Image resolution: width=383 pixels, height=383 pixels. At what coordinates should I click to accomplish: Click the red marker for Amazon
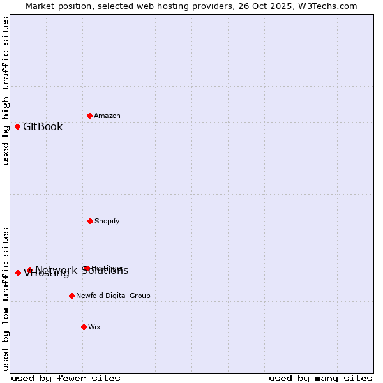click(x=89, y=116)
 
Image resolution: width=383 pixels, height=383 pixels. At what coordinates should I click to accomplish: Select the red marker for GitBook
click(x=17, y=126)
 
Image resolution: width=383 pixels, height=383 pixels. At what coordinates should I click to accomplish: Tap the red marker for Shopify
click(x=90, y=221)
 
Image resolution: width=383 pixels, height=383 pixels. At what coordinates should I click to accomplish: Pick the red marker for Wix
click(x=84, y=327)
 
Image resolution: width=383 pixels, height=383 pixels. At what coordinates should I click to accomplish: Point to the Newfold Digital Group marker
click(x=71, y=296)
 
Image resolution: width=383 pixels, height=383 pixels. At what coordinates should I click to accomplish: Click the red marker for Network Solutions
click(x=29, y=270)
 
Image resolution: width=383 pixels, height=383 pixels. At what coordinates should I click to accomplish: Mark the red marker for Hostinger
click(x=87, y=268)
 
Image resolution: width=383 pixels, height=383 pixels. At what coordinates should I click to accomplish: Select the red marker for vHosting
click(x=18, y=273)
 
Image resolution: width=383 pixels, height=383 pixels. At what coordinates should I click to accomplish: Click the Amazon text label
click(x=107, y=116)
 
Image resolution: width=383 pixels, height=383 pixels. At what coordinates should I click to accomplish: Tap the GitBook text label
click(x=43, y=126)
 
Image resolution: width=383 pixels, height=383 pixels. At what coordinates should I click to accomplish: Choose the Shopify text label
click(x=107, y=221)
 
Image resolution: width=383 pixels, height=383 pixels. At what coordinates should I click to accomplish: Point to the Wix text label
click(x=94, y=327)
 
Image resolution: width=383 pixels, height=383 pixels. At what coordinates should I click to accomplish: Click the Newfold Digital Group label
click(x=113, y=296)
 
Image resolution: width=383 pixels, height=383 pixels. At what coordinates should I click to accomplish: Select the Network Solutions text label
click(x=82, y=270)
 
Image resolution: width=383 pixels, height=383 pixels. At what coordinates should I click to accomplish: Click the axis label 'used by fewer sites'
click(x=66, y=378)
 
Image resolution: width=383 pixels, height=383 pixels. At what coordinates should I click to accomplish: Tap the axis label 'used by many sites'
click(x=320, y=378)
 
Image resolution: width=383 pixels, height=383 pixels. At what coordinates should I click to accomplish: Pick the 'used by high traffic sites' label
click(x=6, y=91)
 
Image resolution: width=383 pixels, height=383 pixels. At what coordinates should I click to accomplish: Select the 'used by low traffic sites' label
click(x=6, y=299)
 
